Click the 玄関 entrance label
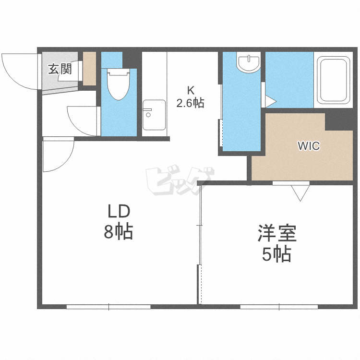coord(60,69)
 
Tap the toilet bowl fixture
coord(119,84)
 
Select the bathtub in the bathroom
coord(334,80)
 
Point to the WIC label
coord(309,146)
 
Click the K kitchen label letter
coord(191,90)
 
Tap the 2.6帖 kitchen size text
coord(191,103)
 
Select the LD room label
coord(119,211)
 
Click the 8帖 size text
coord(119,231)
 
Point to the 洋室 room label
coord(277,233)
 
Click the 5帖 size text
coord(276,254)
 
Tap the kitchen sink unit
coord(154,115)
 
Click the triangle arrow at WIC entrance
coord(300,193)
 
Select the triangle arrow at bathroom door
coord(270,101)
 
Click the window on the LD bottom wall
coord(108,307)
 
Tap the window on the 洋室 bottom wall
coord(279,307)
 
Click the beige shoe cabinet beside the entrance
coord(89,69)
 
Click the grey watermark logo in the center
coord(180,180)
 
